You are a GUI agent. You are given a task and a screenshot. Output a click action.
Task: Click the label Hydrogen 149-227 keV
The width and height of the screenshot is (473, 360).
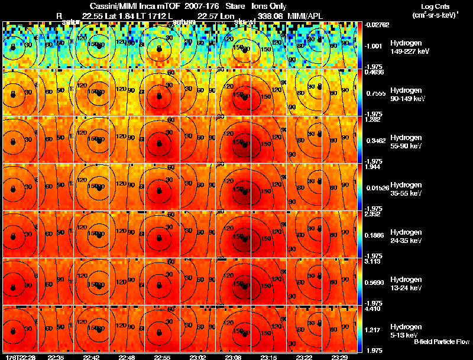[x=409, y=47]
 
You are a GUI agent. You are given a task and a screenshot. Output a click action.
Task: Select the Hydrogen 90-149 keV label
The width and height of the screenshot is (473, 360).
[x=409, y=95]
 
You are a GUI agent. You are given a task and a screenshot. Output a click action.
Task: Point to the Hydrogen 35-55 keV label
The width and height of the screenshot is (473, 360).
[x=409, y=189]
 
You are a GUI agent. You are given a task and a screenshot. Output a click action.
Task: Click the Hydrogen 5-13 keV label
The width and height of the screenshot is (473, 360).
[x=409, y=330]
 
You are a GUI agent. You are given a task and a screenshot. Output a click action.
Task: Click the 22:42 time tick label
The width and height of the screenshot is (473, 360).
[x=92, y=357]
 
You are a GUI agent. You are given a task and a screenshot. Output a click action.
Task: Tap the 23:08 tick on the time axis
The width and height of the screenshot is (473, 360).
[x=234, y=357]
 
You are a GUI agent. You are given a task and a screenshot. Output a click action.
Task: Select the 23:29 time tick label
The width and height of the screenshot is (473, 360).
[x=340, y=357]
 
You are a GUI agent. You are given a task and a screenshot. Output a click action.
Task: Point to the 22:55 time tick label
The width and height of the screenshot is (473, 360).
[x=163, y=357]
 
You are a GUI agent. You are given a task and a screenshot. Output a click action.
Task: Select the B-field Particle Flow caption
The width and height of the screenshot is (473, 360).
[x=440, y=342]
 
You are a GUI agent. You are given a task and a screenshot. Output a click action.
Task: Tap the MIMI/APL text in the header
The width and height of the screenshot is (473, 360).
[x=303, y=15]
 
